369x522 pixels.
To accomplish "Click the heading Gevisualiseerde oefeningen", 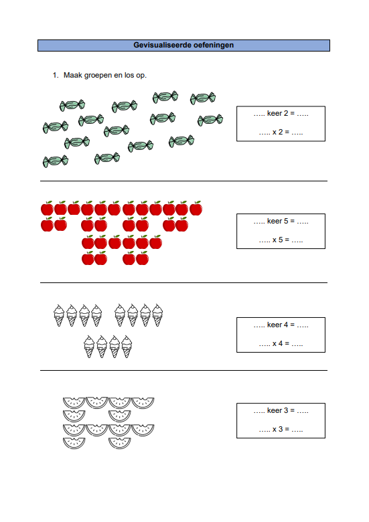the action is pyautogui.click(x=183, y=45).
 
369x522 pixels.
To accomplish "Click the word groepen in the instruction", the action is pyautogui.click(x=98, y=76).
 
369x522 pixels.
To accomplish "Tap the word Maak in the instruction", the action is pyautogui.click(x=73, y=75).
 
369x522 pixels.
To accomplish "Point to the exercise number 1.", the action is pyautogui.click(x=56, y=75).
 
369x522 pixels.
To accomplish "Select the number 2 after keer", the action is pyautogui.click(x=286, y=113).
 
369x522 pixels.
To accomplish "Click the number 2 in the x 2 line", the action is pyautogui.click(x=281, y=132).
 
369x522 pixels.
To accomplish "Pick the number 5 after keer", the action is pyautogui.click(x=286, y=221).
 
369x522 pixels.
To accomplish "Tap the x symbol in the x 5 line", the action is pyautogui.click(x=275, y=240).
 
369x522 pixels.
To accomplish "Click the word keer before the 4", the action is pyautogui.click(x=275, y=325).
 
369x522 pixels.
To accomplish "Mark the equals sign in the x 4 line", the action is pyautogui.click(x=287, y=343).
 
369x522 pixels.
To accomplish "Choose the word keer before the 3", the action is pyautogui.click(x=275, y=410).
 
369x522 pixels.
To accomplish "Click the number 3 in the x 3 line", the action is pyautogui.click(x=281, y=429).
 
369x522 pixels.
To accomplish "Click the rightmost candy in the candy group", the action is pyautogui.click(x=210, y=120).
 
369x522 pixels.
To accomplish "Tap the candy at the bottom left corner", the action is pyautogui.click(x=56, y=161).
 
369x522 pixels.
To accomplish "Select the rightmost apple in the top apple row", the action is pyautogui.click(x=196, y=208).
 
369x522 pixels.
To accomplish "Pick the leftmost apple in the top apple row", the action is pyautogui.click(x=48, y=208).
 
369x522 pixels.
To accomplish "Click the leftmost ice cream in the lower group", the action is pyautogui.click(x=89, y=347).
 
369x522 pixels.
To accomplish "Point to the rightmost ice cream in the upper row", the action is pyautogui.click(x=157, y=315).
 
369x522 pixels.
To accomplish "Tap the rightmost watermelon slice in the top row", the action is pyautogui.click(x=143, y=403).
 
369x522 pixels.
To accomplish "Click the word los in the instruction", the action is pyautogui.click(x=129, y=75).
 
